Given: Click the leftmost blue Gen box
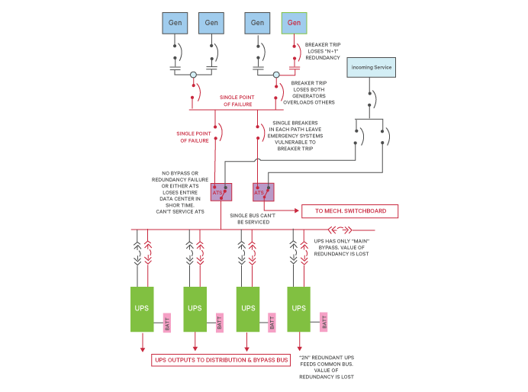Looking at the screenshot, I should coord(175,23).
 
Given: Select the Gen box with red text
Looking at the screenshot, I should coord(295,23).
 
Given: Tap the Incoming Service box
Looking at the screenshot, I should coord(372,68).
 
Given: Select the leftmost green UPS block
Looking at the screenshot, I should coord(143,308).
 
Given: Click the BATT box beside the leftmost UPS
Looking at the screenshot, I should coord(167,323).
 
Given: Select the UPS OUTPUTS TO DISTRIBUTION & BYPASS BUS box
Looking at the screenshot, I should coord(221,359).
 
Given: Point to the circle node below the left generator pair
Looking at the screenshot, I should coord(194,76).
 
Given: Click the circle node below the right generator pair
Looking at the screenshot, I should coord(277,76).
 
